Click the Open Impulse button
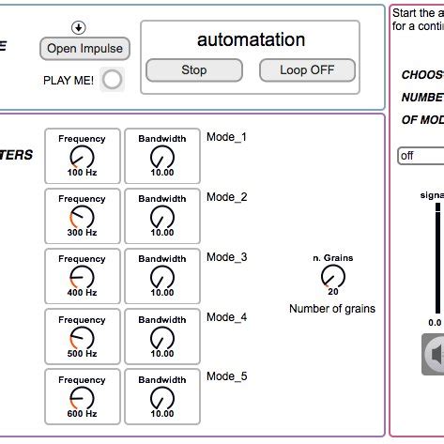pyautogui.click(x=84, y=48)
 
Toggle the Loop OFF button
pyautogui.click(x=306, y=69)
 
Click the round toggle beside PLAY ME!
pyautogui.click(x=113, y=80)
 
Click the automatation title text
pyautogui.click(x=251, y=39)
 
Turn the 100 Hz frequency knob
pyautogui.click(x=83, y=157)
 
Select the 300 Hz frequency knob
pyautogui.click(x=83, y=217)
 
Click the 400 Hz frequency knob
pyautogui.click(x=83, y=277)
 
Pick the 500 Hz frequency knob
pyautogui.click(x=83, y=337)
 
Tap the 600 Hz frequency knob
pyautogui.click(x=83, y=397)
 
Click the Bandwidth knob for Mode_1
pyautogui.click(x=162, y=157)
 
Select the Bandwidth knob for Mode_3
pyautogui.click(x=162, y=277)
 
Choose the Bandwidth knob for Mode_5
pyautogui.click(x=162, y=397)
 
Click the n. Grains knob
pyautogui.click(x=332, y=276)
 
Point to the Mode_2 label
pyautogui.click(x=226, y=197)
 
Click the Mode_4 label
pyautogui.click(x=226, y=317)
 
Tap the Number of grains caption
pyautogui.click(x=332, y=309)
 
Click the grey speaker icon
pyautogui.click(x=435, y=355)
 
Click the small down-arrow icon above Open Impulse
pyautogui.click(x=79, y=27)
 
